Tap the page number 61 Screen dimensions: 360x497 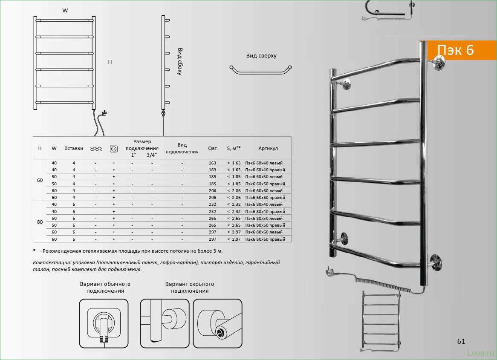tap(461, 341)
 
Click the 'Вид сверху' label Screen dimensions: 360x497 tap(261, 56)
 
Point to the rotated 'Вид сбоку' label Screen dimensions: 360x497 tap(180, 61)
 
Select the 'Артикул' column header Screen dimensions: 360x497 tap(268, 148)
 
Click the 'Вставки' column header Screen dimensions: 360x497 tap(74, 148)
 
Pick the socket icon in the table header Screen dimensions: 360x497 tap(113, 149)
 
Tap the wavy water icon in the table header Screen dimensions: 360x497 tap(96, 149)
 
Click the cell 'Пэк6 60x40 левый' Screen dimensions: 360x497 tap(264, 163)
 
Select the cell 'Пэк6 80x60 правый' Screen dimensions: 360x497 tap(265, 239)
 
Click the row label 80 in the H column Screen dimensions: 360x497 tap(40, 222)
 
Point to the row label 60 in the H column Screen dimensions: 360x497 tap(40, 180)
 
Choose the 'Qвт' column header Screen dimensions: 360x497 tap(212, 148)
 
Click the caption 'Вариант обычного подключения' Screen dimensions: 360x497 tap(105, 287)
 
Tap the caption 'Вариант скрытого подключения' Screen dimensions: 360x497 tap(190, 287)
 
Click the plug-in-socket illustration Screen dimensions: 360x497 tap(104, 323)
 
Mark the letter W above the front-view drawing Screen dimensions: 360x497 tap(65, 11)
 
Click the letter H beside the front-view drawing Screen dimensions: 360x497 tap(110, 62)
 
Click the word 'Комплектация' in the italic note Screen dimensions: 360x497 tap(51, 263)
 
